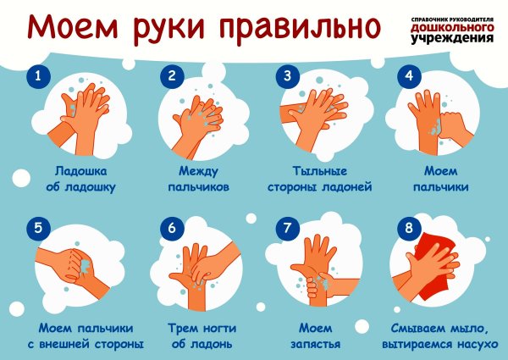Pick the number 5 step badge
tap(36, 227)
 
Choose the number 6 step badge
tap(171, 227)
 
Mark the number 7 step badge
tap(287, 227)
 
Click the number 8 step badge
tap(409, 227)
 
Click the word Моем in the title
tap(75, 27)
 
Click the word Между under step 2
tap(199, 169)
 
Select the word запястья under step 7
tap(320, 344)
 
